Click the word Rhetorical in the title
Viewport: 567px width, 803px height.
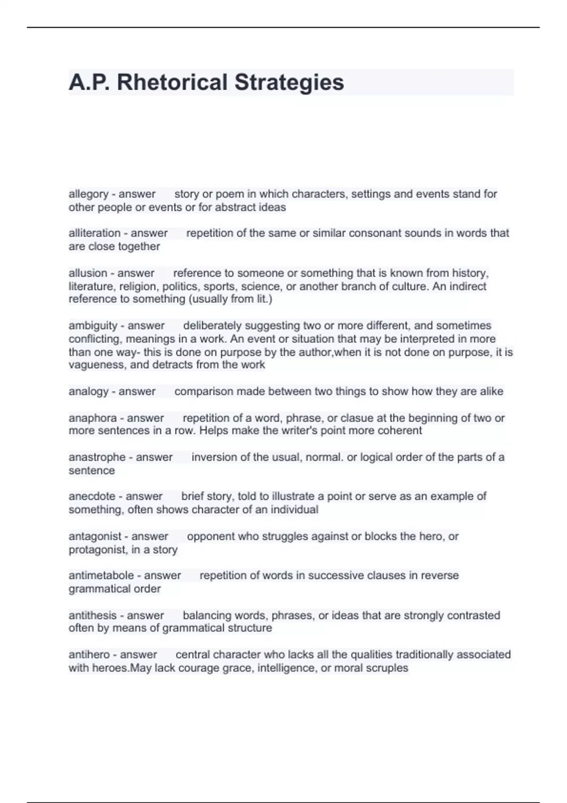pos(172,82)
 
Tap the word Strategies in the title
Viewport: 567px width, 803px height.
pos(289,82)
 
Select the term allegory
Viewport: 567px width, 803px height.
pos(88,194)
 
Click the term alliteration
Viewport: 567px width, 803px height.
pos(94,233)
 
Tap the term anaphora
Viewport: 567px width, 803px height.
pos(93,418)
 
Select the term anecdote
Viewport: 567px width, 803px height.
pos(92,496)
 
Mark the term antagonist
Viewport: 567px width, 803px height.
pos(95,537)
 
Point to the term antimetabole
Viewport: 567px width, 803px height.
pos(101,576)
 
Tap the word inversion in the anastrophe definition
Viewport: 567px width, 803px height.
pos(213,457)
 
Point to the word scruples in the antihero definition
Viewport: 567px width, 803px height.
pos(386,668)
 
